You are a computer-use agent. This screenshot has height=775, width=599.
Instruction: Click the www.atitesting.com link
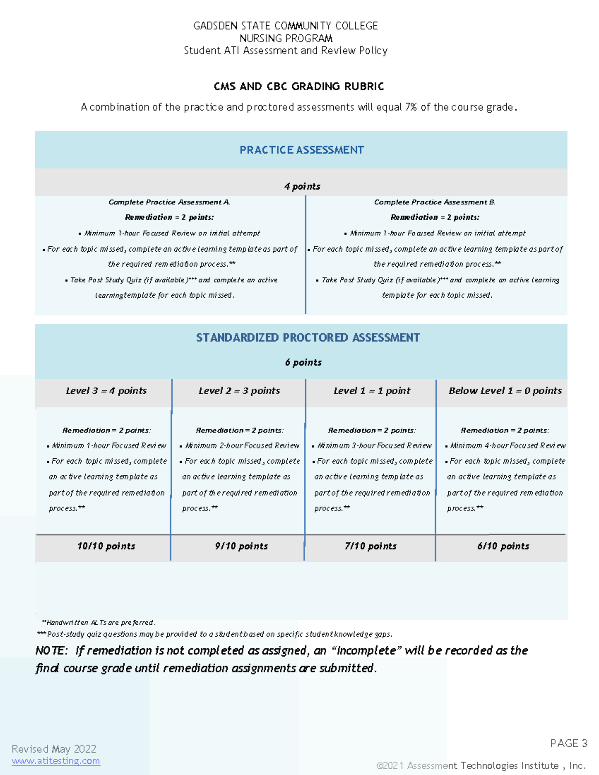point(56,761)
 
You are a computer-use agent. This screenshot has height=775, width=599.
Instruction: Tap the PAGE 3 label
point(568,743)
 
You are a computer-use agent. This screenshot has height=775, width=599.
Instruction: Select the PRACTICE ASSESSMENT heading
point(301,150)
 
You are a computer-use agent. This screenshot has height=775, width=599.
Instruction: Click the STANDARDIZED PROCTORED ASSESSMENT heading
point(307,338)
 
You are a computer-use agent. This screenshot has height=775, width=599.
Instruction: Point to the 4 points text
point(302,186)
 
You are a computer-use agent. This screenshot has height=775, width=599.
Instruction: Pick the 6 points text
point(303,362)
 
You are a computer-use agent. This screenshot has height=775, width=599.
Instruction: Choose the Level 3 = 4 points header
point(106,391)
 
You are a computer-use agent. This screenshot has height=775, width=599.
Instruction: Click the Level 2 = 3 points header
point(239,391)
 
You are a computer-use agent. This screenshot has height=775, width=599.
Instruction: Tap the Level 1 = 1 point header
point(372,391)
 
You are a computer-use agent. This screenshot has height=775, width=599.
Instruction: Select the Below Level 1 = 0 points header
point(505,391)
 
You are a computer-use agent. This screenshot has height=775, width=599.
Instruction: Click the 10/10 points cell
point(106,546)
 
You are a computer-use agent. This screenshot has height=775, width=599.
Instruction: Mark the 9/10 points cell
point(241,546)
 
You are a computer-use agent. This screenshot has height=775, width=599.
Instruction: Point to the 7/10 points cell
point(370,546)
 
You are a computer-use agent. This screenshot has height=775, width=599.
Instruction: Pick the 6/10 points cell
point(503,546)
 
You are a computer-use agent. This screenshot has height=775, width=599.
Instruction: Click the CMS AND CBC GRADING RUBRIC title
point(299,87)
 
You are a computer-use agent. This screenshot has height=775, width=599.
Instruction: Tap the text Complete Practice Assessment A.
point(169,202)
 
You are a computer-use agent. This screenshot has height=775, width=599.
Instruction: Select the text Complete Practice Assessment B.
point(434,202)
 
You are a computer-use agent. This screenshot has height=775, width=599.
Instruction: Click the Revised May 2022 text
point(54,749)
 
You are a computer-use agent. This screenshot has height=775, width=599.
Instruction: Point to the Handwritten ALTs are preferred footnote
point(99,622)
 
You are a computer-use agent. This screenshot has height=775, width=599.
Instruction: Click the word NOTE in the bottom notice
point(51,651)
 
